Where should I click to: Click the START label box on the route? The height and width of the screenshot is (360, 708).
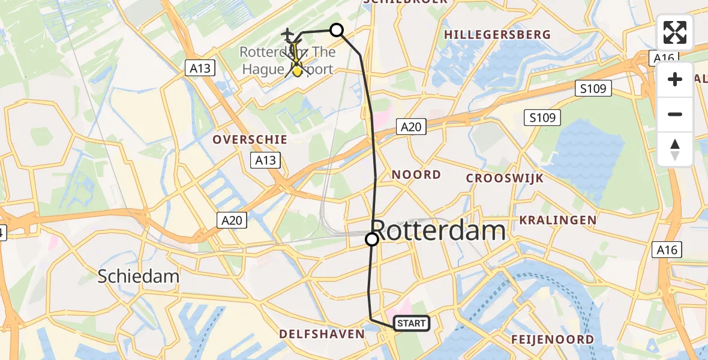coord(411,323)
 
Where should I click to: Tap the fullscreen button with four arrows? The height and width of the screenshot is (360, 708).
coord(675,32)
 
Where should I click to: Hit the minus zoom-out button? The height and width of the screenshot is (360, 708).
coord(675,114)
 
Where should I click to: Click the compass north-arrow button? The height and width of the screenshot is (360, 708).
coord(675,149)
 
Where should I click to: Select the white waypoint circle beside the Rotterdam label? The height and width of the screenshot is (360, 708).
coord(372,239)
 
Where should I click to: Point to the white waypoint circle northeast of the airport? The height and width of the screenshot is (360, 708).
coord(337,30)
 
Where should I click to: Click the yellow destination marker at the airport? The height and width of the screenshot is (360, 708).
coord(296,71)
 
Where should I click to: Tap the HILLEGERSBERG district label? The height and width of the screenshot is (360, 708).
coord(497,35)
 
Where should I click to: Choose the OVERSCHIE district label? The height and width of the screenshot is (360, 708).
coord(250,139)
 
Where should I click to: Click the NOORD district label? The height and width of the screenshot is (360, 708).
coord(416,175)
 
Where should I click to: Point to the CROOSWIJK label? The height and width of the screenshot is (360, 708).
coord(505,178)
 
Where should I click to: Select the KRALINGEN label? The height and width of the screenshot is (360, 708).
coord(558,220)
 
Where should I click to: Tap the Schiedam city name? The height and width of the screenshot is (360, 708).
coord(139,276)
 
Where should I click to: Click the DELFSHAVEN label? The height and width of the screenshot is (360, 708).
coord(322,334)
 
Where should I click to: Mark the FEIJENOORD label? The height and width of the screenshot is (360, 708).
coord(553,340)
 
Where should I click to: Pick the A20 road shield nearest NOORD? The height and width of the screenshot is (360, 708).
coord(411,126)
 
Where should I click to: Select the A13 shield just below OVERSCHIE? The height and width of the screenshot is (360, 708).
coord(265,160)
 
